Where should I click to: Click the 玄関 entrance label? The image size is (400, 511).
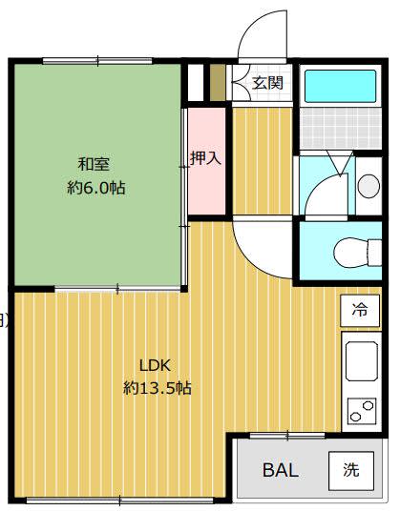pyautogui.click(x=267, y=83)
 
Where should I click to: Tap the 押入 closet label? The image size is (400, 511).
pyautogui.click(x=206, y=158)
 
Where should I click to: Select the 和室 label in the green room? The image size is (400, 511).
pyautogui.click(x=94, y=164)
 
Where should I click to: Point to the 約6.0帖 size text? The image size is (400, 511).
pyautogui.click(x=95, y=188)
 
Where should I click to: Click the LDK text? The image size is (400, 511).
pyautogui.click(x=155, y=365)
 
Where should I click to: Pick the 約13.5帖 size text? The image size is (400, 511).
pyautogui.click(x=157, y=388)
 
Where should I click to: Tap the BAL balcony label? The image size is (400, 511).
pyautogui.click(x=281, y=470)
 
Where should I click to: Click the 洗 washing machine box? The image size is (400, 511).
pyautogui.click(x=351, y=471)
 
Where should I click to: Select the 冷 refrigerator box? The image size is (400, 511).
pyautogui.click(x=360, y=311)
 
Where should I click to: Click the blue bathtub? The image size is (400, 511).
pyautogui.click(x=340, y=87)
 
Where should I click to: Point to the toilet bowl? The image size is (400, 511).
pyautogui.click(x=357, y=253)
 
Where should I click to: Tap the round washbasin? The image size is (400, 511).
pyautogui.click(x=368, y=186)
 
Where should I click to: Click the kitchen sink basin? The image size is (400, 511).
pyautogui.click(x=362, y=361)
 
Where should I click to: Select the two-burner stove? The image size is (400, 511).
pyautogui.click(x=362, y=411)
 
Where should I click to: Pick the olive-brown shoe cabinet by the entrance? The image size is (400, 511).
pyautogui.click(x=218, y=83)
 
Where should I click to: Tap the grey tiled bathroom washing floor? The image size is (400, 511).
pyautogui.click(x=340, y=128)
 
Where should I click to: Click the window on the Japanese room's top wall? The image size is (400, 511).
pyautogui.click(x=97, y=61)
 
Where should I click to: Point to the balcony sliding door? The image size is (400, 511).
pyautogui.click(x=287, y=436)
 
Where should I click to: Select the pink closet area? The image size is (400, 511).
pyautogui.click(x=207, y=161)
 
